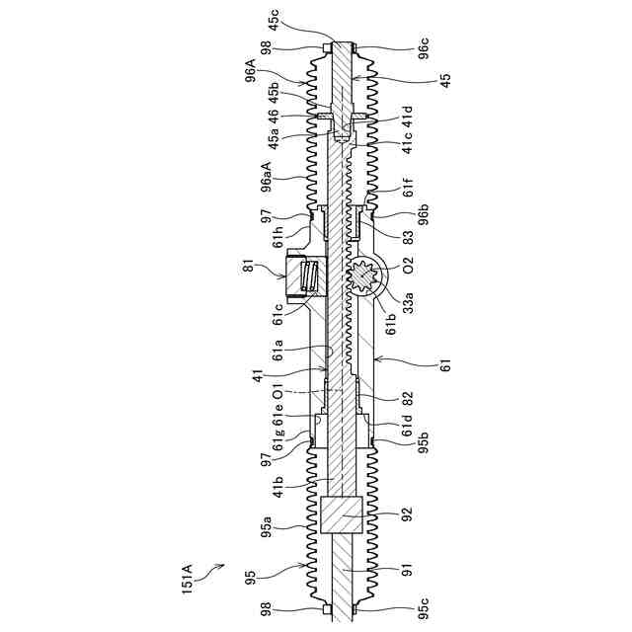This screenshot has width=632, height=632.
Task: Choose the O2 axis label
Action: point(407,262)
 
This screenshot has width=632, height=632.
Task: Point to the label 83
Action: point(407,236)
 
